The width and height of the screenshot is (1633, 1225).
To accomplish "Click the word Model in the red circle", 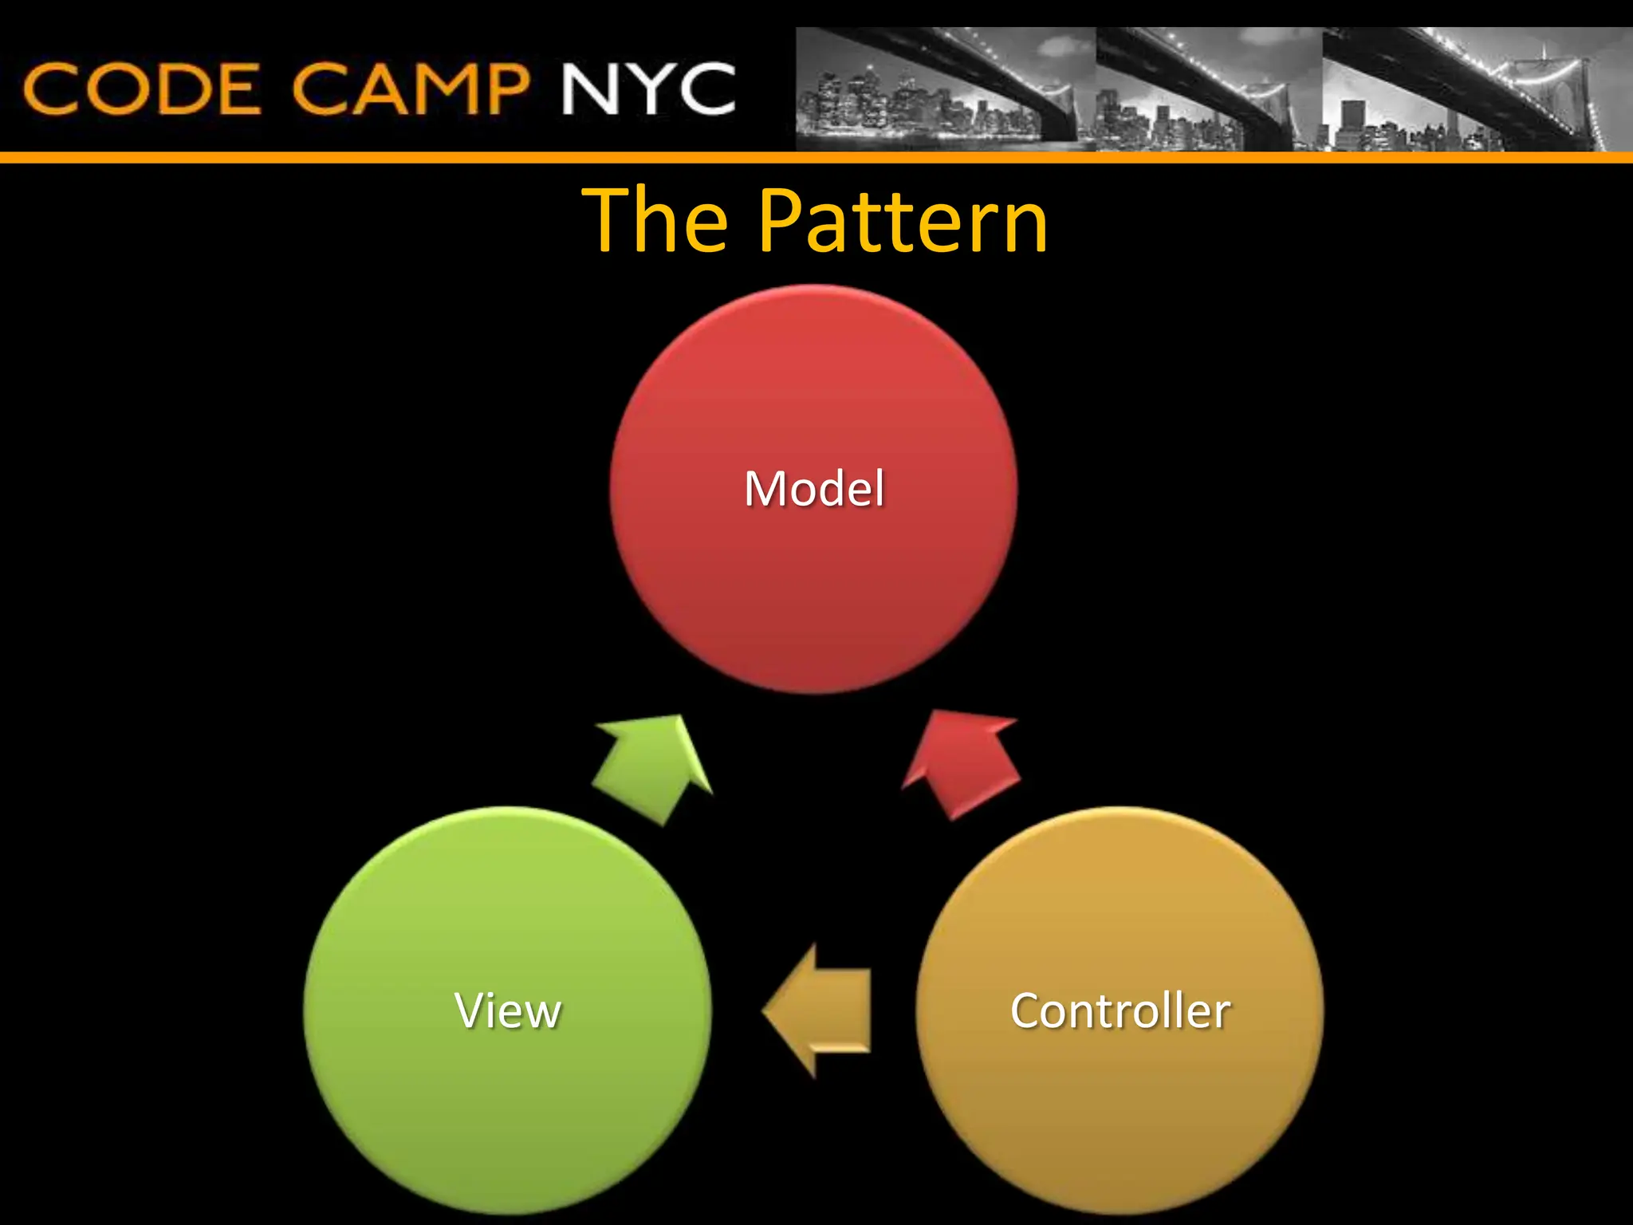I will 814,489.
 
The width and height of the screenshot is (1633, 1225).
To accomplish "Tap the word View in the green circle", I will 508,1010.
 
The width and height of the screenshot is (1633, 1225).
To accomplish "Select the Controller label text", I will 1119,1010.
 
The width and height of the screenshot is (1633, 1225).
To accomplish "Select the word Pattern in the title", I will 903,221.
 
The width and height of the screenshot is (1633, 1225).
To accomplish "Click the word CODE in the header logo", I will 142,89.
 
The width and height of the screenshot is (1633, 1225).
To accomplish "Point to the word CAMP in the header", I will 410,89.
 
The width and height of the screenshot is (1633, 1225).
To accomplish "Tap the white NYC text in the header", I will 647,89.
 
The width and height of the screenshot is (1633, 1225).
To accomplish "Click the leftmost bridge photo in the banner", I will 945,89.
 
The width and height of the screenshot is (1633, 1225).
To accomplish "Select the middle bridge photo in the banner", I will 1208,89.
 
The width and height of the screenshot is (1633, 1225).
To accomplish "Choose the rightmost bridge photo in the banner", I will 1475,89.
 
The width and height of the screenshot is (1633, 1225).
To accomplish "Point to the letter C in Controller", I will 1027,1010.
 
